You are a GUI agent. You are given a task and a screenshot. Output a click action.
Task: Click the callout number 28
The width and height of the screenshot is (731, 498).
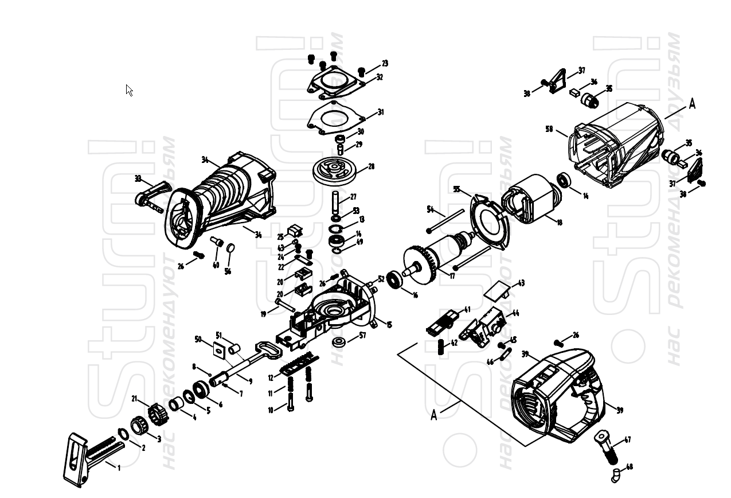pos(371,166)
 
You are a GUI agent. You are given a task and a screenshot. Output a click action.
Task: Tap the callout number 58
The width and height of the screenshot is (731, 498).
pos(549,129)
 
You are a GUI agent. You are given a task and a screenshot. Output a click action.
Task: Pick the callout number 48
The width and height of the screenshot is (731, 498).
pos(630,467)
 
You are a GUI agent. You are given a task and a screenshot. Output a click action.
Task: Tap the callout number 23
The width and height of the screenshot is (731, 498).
pos(385,63)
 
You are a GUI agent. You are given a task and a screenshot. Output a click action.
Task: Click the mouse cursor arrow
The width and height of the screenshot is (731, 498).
pos(129,90)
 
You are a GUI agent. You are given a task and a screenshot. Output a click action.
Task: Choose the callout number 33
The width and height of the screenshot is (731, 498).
pos(138,178)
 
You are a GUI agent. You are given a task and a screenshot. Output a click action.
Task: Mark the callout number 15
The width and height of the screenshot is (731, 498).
pos(389,325)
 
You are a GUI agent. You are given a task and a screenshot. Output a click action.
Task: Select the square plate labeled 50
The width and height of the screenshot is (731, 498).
pos(218,349)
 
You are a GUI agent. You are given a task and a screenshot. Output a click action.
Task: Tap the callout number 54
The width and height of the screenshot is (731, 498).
pos(431,209)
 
